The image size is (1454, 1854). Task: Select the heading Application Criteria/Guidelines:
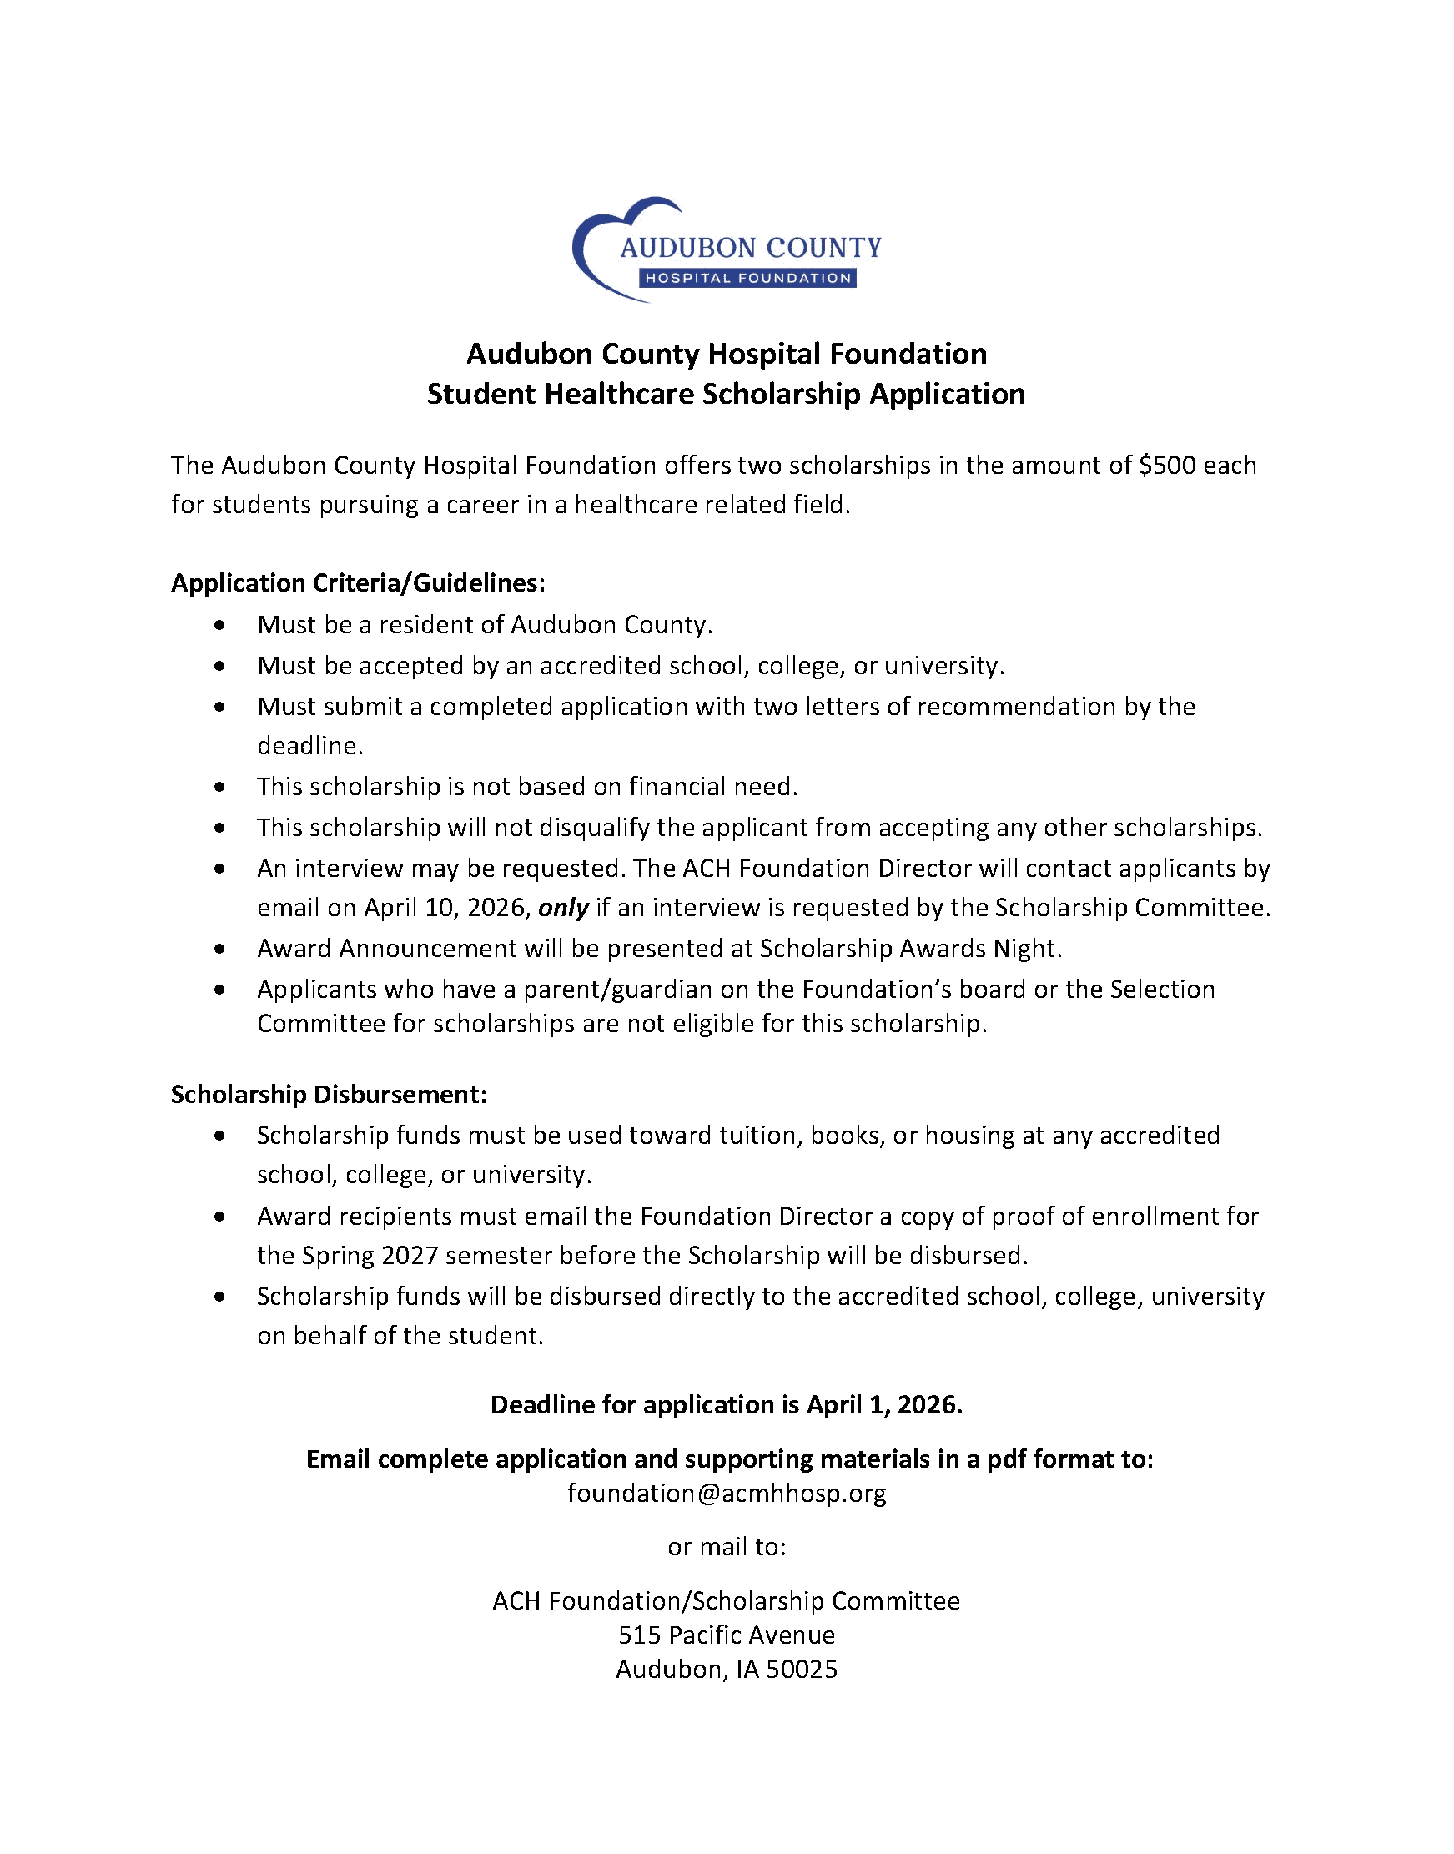pos(358,583)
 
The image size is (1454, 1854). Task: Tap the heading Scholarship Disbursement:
pos(329,1095)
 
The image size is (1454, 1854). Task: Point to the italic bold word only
pos(564,909)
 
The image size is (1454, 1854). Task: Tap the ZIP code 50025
pos(802,1670)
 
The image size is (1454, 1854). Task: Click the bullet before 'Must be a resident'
pos(220,626)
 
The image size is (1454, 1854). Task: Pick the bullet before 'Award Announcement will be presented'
pos(220,950)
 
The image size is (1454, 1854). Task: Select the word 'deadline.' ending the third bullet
pos(309,746)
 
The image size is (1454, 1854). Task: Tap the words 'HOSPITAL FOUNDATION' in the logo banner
pos(747,279)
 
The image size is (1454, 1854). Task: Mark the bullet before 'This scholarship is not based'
pos(220,788)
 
